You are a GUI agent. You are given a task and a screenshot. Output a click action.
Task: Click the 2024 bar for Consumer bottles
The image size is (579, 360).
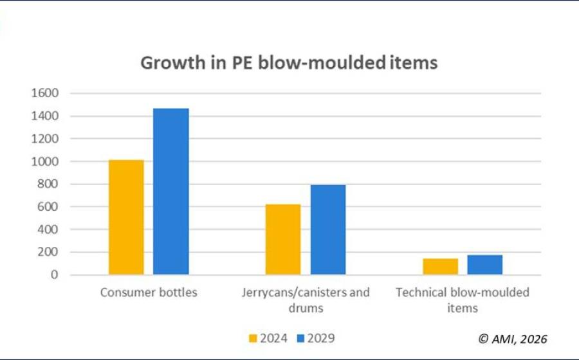tap(126, 217)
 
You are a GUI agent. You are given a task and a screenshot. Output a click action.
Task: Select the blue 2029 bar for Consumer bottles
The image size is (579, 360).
tap(171, 192)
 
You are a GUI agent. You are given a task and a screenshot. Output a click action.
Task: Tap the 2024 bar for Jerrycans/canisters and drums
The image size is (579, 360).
tap(283, 239)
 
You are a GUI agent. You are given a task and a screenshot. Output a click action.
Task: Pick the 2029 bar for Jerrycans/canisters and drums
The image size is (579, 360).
tap(328, 230)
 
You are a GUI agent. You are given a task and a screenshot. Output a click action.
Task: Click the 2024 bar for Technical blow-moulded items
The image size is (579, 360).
tap(441, 266)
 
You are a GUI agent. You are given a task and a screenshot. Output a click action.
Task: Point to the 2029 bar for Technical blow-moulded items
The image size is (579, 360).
tap(485, 265)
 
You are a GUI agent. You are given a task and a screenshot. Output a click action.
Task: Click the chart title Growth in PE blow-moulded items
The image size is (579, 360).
tap(289, 63)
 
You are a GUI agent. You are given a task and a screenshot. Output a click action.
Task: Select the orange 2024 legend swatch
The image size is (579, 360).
tap(252, 338)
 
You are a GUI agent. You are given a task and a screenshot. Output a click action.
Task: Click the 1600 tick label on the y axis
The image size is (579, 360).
tap(44, 93)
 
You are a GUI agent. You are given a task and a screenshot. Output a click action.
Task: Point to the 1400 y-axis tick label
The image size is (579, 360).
tap(44, 116)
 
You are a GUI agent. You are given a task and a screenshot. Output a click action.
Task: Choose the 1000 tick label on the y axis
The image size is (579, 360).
tap(44, 161)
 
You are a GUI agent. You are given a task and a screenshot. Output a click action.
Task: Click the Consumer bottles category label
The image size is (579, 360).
tap(149, 292)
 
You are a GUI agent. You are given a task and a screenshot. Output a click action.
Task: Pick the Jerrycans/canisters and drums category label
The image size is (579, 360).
tap(306, 300)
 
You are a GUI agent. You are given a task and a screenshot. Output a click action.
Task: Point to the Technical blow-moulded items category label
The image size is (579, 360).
tap(463, 300)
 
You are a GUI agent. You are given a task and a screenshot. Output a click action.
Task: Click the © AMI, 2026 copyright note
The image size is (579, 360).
tap(513, 338)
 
